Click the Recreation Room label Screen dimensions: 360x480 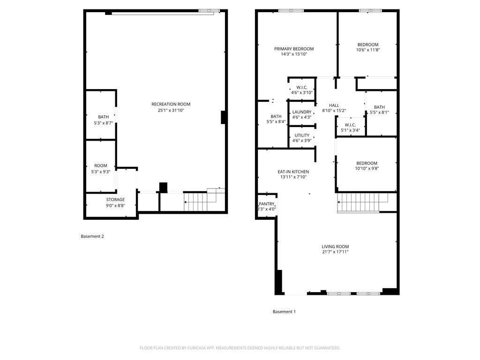click(171, 104)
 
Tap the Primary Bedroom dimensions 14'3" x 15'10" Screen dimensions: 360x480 click(294, 54)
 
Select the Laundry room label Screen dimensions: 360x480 click(302, 112)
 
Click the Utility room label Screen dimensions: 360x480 click(302, 135)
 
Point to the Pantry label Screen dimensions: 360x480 click(266, 204)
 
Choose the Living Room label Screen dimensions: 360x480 click(335, 247)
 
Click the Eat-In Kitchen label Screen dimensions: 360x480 click(293, 172)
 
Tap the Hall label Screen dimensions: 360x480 click(334, 105)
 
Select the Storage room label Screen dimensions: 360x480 click(115, 200)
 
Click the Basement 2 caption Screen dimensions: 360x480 click(92, 236)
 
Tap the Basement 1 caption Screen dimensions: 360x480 click(284, 312)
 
